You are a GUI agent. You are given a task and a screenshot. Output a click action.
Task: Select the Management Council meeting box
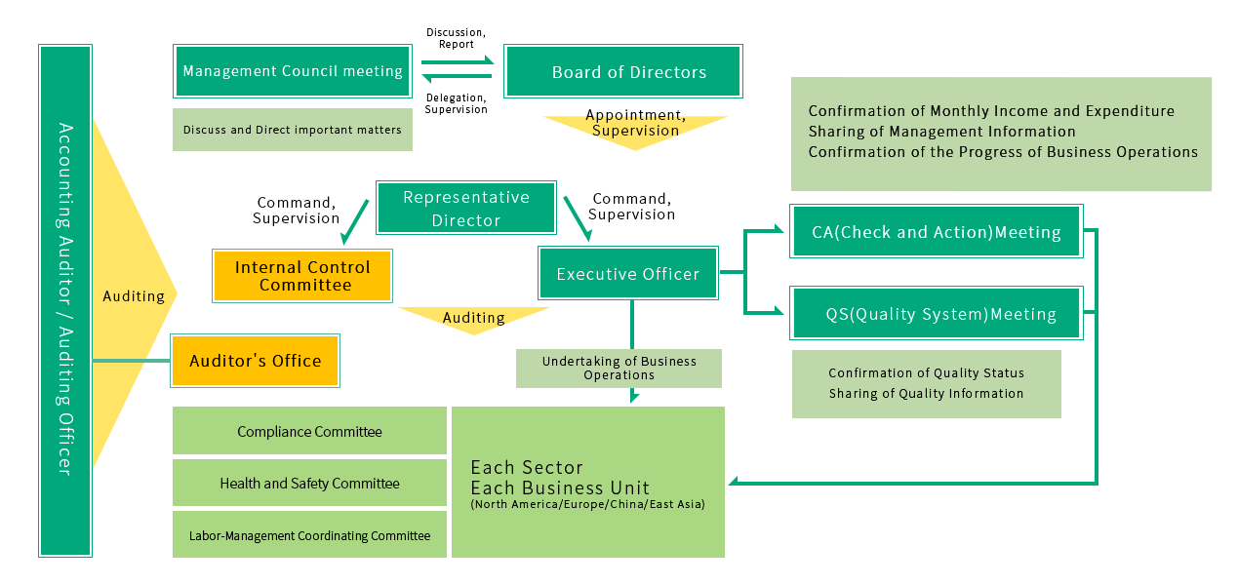click(293, 71)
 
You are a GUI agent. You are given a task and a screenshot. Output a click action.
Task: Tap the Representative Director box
click(466, 208)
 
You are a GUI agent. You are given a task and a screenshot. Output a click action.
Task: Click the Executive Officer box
click(628, 273)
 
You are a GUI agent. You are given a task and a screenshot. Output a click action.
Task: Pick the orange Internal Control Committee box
click(302, 276)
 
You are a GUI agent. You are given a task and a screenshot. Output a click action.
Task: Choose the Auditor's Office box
click(255, 361)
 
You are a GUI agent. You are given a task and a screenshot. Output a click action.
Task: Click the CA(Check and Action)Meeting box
click(936, 231)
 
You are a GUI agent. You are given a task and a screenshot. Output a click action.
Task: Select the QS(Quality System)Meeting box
click(936, 313)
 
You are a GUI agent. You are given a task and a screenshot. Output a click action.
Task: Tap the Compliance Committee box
click(309, 431)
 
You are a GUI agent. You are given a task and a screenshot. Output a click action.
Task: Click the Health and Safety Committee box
click(309, 483)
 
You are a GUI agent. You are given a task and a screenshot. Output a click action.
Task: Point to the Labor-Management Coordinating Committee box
click(309, 534)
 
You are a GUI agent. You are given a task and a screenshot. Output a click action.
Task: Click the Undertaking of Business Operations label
click(619, 368)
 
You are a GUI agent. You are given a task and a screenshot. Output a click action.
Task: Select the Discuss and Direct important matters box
click(293, 130)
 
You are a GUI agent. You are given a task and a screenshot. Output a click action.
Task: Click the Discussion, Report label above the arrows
click(456, 38)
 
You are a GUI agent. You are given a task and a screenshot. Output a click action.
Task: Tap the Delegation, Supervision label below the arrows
click(456, 102)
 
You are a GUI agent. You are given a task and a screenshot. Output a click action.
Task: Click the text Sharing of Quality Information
click(926, 394)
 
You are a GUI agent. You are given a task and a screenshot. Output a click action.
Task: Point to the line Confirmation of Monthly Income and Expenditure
click(991, 111)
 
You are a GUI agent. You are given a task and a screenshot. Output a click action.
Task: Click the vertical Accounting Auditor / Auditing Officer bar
click(65, 300)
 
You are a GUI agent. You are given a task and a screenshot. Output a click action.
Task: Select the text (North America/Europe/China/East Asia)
click(587, 504)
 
